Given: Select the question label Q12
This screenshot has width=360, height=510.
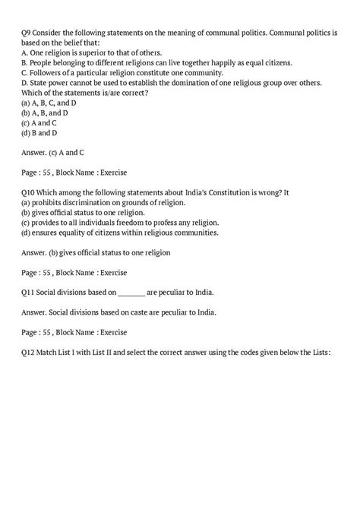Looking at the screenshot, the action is (x=31, y=353).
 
